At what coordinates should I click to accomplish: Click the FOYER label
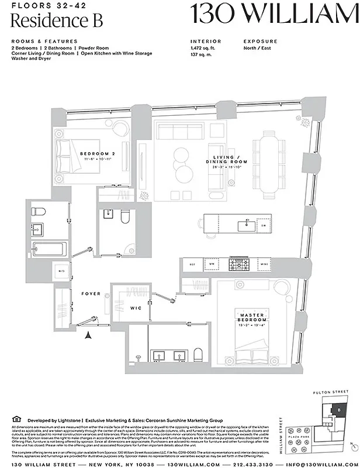click(x=91, y=293)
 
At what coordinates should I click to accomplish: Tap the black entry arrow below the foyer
click(x=89, y=335)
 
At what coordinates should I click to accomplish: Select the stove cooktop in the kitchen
click(x=237, y=265)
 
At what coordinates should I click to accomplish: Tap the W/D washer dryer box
click(x=61, y=271)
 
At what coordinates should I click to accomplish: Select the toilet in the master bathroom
click(x=198, y=355)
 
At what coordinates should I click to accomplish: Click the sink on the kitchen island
click(x=244, y=223)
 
